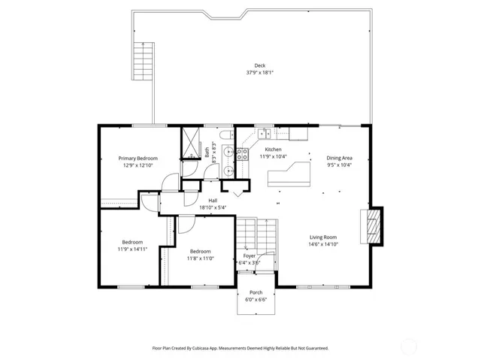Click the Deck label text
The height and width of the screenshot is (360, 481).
(259, 65)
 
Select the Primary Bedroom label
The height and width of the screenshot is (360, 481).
(138, 158)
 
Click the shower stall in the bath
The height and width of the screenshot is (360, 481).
(192, 142)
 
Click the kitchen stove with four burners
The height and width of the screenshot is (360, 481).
(243, 154)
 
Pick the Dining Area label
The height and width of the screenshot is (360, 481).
(339, 158)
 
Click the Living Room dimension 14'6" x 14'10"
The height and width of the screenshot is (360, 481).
(323, 244)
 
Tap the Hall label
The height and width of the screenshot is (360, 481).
(213, 201)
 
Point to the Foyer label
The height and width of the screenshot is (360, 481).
(249, 256)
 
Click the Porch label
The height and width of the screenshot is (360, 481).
(256, 293)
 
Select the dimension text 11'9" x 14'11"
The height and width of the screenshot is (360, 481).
(132, 249)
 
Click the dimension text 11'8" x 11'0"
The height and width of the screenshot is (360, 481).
(200, 258)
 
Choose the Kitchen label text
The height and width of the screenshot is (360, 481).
(273, 150)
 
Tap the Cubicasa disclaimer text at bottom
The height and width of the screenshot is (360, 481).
(240, 348)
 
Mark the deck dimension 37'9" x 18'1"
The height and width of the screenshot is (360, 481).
(259, 73)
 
